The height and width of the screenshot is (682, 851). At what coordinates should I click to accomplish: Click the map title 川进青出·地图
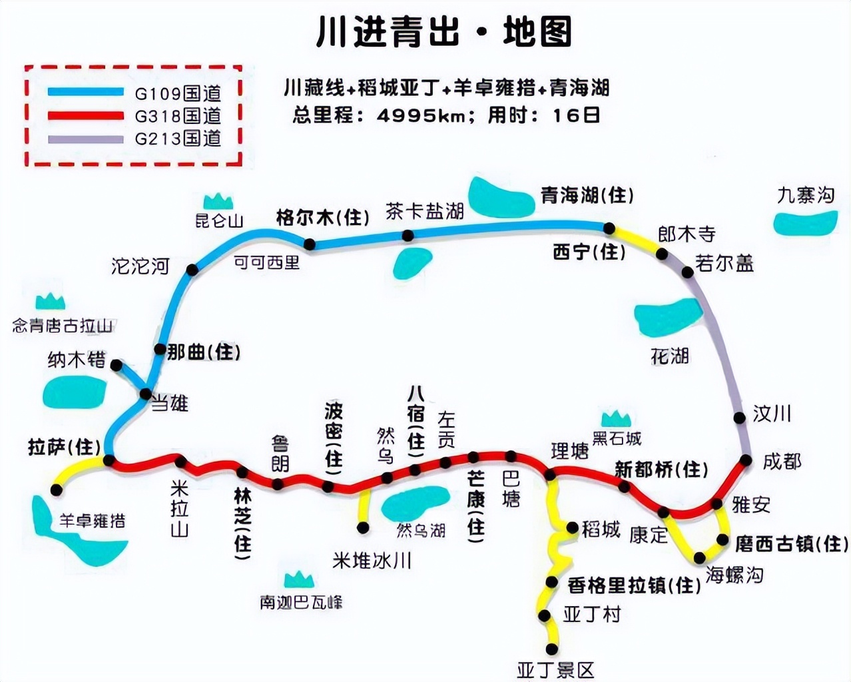click(444, 32)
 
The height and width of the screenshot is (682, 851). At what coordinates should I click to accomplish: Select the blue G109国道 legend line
click(85, 93)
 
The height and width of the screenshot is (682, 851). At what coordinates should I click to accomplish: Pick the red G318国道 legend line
click(85, 116)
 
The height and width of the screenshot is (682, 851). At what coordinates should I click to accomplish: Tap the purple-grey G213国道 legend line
click(85, 139)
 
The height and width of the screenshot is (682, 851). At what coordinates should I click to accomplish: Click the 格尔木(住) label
click(322, 217)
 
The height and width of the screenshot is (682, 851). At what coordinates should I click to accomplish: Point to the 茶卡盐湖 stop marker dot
click(408, 235)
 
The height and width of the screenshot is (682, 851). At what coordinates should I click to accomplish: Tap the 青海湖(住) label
click(586, 195)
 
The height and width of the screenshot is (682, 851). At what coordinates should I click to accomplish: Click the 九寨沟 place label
click(805, 194)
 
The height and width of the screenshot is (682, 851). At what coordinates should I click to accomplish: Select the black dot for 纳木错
click(117, 365)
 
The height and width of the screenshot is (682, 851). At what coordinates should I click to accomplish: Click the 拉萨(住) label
click(64, 446)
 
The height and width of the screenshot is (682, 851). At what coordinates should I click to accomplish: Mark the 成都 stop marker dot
click(746, 460)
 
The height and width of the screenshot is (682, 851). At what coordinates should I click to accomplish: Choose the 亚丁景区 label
click(555, 669)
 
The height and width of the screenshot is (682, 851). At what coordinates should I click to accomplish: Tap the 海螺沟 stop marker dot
click(700, 557)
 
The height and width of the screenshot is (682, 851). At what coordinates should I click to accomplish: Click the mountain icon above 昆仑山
click(218, 200)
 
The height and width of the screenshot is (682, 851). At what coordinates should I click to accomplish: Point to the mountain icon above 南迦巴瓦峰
click(298, 579)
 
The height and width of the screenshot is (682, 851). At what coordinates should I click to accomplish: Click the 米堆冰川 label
click(372, 561)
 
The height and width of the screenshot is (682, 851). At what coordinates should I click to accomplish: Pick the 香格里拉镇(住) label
click(634, 585)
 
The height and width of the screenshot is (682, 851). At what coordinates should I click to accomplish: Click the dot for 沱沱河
click(192, 270)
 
